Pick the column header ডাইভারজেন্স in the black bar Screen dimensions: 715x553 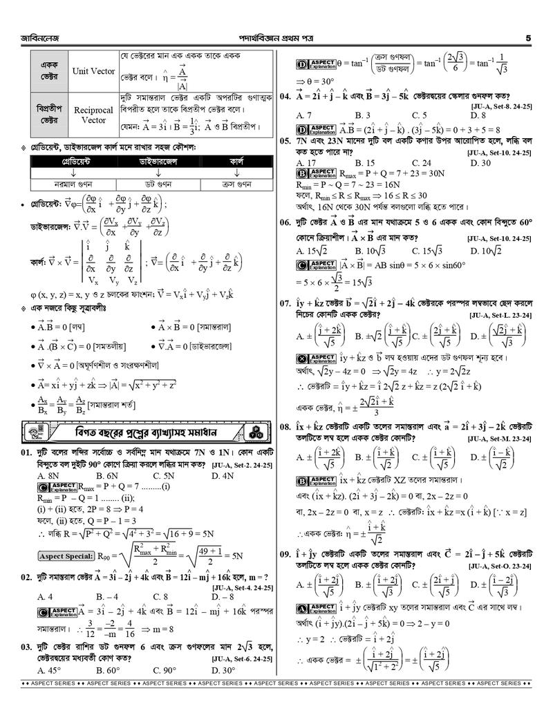click(158, 161)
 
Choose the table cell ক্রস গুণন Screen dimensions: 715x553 click(236, 184)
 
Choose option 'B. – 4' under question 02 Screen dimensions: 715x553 click(107, 596)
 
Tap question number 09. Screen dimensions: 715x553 click(284, 554)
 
